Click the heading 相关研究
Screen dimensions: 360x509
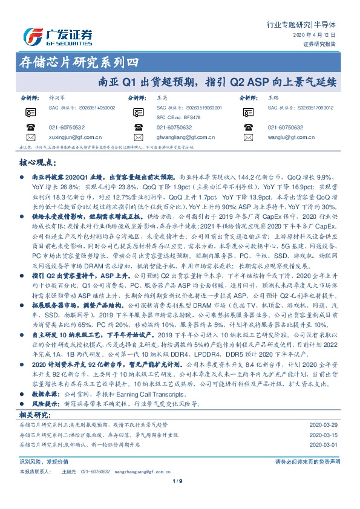pyautogui.click(x=34, y=415)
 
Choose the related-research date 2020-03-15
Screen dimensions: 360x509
pyautogui.click(x=324, y=435)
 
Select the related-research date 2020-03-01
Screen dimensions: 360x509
pyautogui.click(x=324, y=444)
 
